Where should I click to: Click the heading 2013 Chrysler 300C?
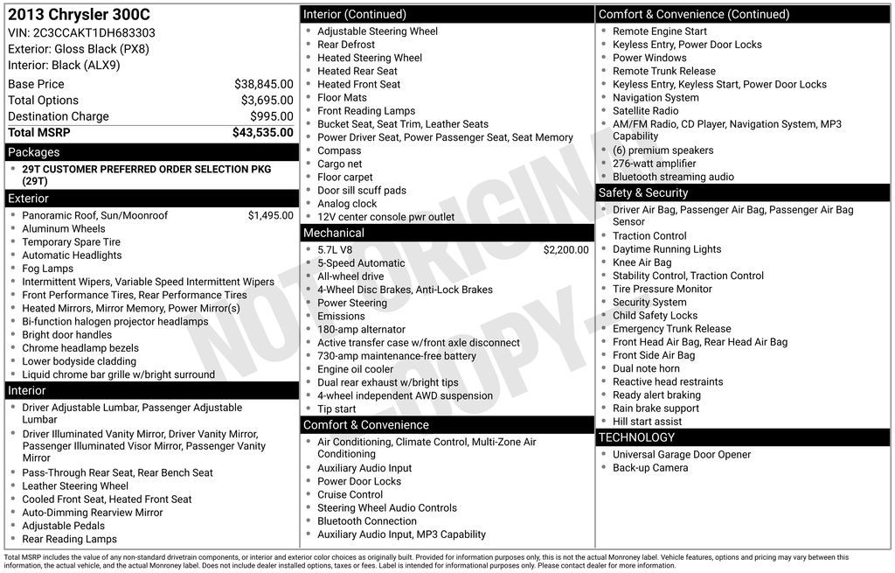pos(79,14)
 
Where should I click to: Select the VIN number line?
pos(82,32)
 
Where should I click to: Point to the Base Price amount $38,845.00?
pos(263,84)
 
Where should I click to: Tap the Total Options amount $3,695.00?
pos(267,101)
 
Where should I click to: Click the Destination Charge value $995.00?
pos(272,116)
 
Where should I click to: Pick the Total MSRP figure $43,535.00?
pos(262,133)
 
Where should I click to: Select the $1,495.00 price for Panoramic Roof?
pos(270,215)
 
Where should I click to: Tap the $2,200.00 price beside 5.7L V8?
pos(565,250)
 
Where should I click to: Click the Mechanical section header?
pos(333,233)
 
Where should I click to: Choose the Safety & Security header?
pos(643,192)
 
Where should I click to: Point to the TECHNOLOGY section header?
pos(636,437)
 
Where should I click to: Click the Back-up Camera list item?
pos(649,468)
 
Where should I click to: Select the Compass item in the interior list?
pos(339,150)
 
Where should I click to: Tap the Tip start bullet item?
pos(336,409)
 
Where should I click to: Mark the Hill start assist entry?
pos(647,422)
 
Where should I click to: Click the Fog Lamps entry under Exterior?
pos(48,269)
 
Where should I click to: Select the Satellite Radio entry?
pos(645,111)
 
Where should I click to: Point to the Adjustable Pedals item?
pos(63,526)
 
